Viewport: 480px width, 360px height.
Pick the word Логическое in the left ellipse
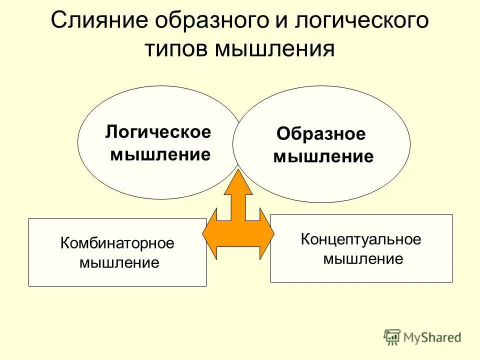[x=158, y=132]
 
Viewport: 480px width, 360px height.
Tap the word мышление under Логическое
[x=160, y=154]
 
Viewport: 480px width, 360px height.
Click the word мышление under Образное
[x=323, y=157]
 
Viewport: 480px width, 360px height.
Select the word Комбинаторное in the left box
[x=117, y=243]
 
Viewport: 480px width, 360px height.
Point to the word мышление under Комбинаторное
[x=119, y=262]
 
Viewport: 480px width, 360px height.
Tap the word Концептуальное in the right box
[x=361, y=239]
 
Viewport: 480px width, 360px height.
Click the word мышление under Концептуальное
[x=363, y=258]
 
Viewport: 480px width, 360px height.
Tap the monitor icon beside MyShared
[x=392, y=337]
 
